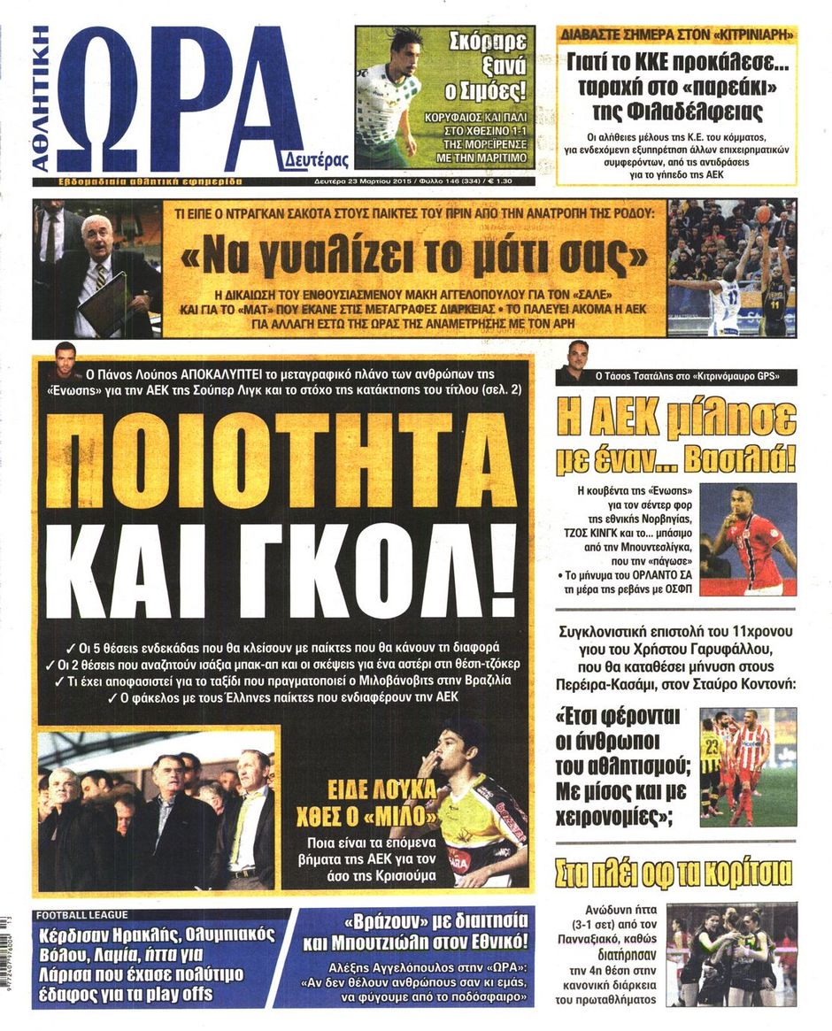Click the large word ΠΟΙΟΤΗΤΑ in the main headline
(281, 461)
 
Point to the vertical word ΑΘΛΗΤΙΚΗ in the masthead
(42, 97)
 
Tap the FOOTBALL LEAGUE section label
(82, 915)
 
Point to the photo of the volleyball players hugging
(731, 954)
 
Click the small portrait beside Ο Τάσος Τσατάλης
(578, 359)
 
